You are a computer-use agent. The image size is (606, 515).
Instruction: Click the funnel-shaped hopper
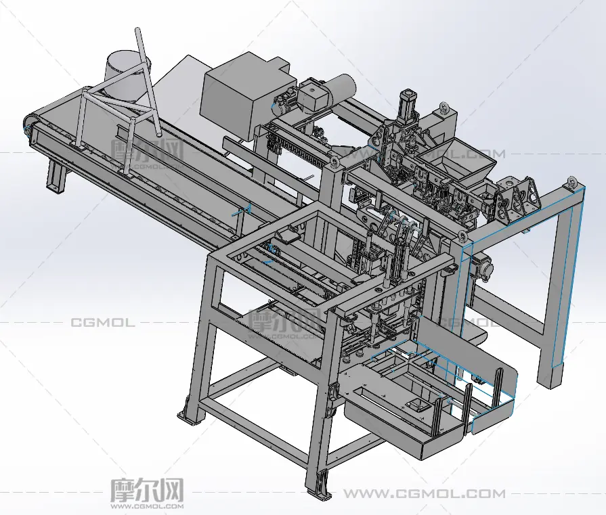point(456,158)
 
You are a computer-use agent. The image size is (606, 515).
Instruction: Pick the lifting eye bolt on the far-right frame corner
point(573,182)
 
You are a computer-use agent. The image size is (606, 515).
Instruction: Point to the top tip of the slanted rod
point(138,29)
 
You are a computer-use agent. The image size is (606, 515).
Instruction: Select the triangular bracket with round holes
point(517,197)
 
